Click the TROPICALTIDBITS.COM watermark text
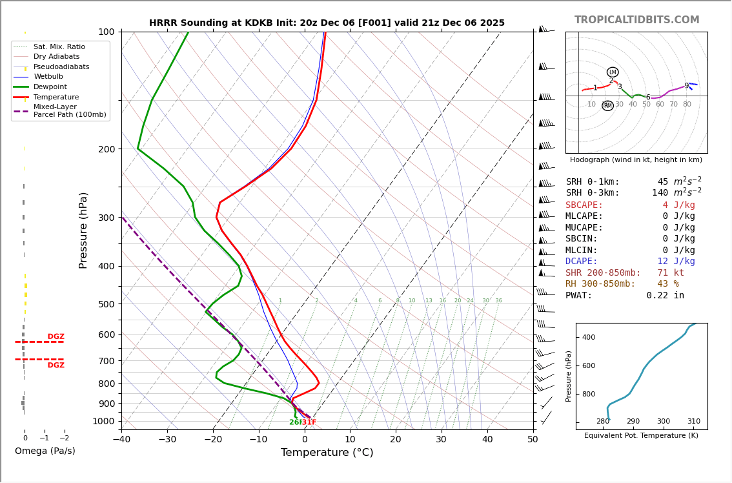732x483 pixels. pyautogui.click(x=636, y=20)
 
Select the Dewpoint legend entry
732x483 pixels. pyautogui.click(x=50, y=87)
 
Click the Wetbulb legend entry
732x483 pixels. pyautogui.click(x=48, y=77)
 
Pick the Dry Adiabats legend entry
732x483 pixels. pyautogui.click(x=56, y=57)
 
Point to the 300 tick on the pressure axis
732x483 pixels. pyautogui.click(x=106, y=218)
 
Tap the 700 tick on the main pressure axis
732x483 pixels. pyautogui.click(x=106, y=360)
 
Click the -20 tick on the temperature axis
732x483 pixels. pyautogui.click(x=213, y=440)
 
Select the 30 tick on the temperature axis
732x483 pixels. pyautogui.click(x=442, y=440)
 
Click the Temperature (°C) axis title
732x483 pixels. pyautogui.click(x=327, y=453)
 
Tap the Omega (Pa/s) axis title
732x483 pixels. pyautogui.click(x=45, y=451)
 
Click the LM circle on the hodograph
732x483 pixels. pyautogui.click(x=613, y=72)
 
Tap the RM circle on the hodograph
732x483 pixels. pyautogui.click(x=607, y=106)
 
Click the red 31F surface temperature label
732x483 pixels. pyautogui.click(x=309, y=422)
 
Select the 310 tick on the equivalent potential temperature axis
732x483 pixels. pyautogui.click(x=693, y=421)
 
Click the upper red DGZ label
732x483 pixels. pyautogui.click(x=56, y=336)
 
